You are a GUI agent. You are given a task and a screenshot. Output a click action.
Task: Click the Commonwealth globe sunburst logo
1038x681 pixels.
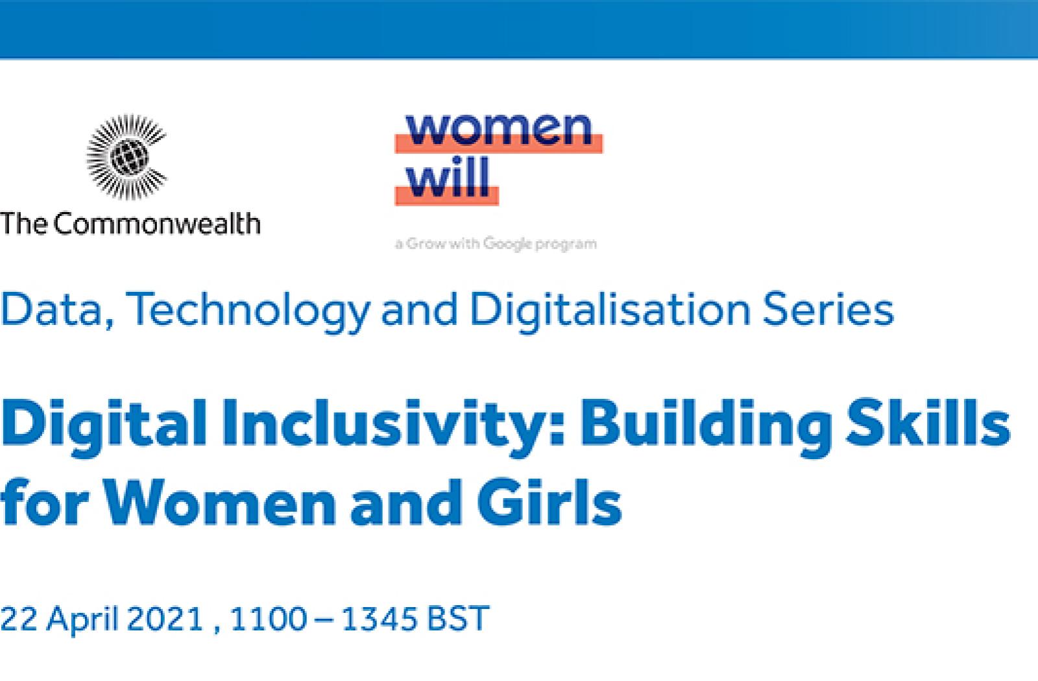point(127,157)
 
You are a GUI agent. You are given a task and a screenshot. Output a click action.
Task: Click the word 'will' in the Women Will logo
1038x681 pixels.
point(448,177)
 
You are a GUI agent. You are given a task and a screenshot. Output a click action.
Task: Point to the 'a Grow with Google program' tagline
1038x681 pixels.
point(496,244)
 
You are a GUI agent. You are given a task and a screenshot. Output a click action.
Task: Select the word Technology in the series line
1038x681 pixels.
point(248,312)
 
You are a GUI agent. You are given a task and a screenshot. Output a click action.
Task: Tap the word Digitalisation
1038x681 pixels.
point(610,312)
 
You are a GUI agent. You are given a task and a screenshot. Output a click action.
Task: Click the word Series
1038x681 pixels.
point(828,309)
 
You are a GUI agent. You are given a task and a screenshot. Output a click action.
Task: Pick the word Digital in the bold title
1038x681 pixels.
point(104,427)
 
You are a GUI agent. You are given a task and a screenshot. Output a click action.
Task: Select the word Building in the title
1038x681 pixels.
point(706,427)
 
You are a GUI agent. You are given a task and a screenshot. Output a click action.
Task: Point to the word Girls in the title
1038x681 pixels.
point(549,502)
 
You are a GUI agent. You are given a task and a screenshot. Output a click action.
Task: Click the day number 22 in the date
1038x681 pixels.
point(19,618)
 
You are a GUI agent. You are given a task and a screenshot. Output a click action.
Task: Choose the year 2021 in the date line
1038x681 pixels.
point(165,618)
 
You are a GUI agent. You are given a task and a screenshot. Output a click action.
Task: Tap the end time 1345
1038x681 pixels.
point(379,618)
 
